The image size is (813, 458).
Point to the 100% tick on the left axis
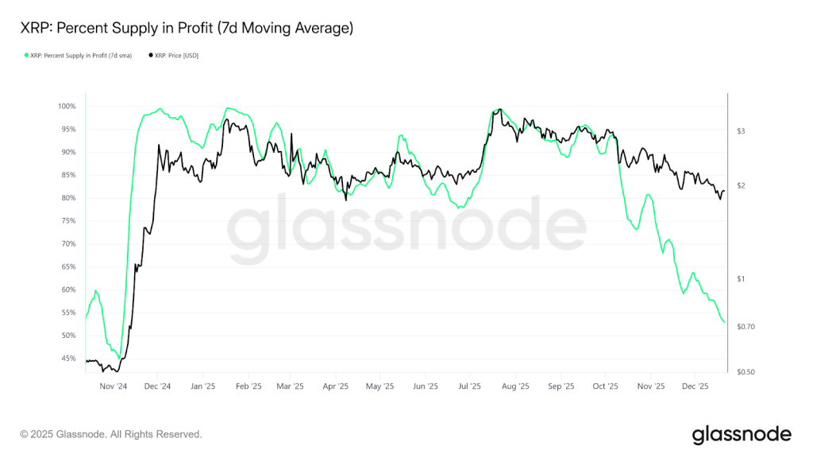[x=67, y=107]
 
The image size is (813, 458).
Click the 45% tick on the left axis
[x=68, y=358]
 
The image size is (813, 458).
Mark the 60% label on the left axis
[x=68, y=290]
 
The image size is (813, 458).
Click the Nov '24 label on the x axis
[x=113, y=387]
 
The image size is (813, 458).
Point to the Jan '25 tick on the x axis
[x=202, y=387]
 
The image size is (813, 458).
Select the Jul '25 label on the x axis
[x=470, y=387]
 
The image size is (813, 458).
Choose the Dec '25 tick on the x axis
[x=695, y=387]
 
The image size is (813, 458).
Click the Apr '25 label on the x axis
[x=336, y=387]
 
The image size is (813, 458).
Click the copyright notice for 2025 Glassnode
[x=111, y=434]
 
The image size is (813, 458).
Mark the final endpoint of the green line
[x=724, y=322]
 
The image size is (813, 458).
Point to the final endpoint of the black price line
[x=724, y=191]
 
